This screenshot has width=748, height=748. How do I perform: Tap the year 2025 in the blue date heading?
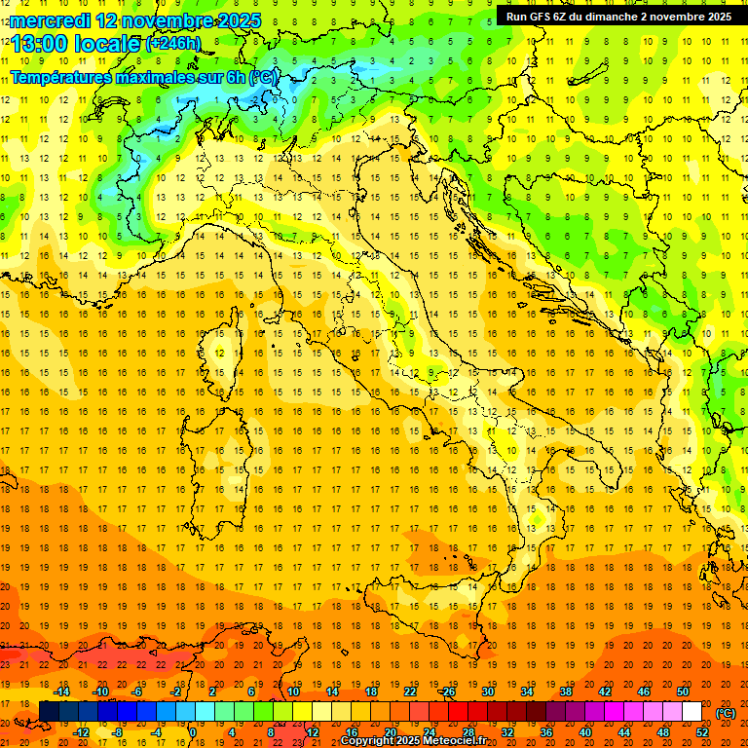(x=235, y=20)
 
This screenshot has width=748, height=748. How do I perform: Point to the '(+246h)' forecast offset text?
(x=172, y=43)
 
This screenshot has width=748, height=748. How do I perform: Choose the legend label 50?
(x=683, y=692)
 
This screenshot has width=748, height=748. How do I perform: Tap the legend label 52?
(x=702, y=731)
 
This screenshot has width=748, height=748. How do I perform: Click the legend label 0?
(x=193, y=731)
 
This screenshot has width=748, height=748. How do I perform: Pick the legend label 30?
(x=488, y=692)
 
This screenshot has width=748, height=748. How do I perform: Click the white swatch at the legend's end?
(x=692, y=711)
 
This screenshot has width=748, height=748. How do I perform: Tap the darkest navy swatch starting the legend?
(x=49, y=711)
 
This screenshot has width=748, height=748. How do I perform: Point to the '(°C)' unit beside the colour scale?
(x=726, y=713)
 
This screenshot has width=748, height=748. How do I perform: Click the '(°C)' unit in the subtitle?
(x=264, y=76)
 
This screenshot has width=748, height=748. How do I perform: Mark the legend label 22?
(x=410, y=692)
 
